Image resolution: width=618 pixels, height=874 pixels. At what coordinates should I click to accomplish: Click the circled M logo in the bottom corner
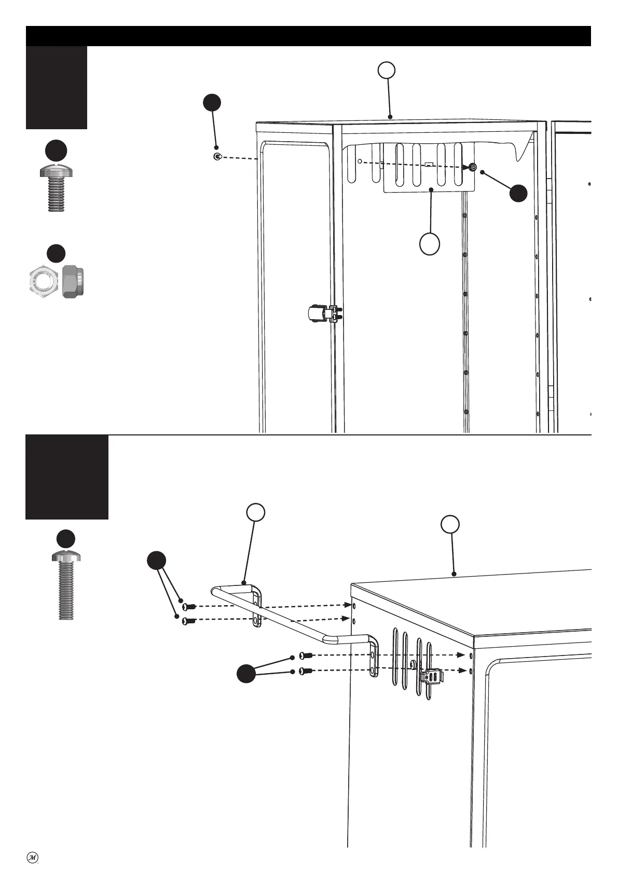pyautogui.click(x=32, y=857)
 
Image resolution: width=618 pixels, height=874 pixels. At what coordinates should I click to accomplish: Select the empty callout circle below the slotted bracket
pyautogui.click(x=430, y=244)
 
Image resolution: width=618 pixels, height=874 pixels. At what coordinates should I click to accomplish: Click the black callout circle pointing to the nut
pyautogui.click(x=518, y=193)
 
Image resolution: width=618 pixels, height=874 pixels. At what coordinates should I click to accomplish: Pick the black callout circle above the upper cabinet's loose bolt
pyautogui.click(x=212, y=102)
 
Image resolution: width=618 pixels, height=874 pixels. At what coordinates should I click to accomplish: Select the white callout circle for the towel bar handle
pyautogui.click(x=256, y=512)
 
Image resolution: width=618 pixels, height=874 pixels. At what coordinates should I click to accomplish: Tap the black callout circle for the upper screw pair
pyautogui.click(x=156, y=561)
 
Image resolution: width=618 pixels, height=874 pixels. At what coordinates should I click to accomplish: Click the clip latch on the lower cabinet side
pyautogui.click(x=432, y=677)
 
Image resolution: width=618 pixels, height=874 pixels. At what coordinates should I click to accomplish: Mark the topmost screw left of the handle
pyautogui.click(x=189, y=606)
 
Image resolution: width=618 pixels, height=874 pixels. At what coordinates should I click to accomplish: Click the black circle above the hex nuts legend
pyautogui.click(x=56, y=253)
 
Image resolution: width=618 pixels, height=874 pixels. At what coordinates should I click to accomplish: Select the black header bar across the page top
pyautogui.click(x=308, y=36)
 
